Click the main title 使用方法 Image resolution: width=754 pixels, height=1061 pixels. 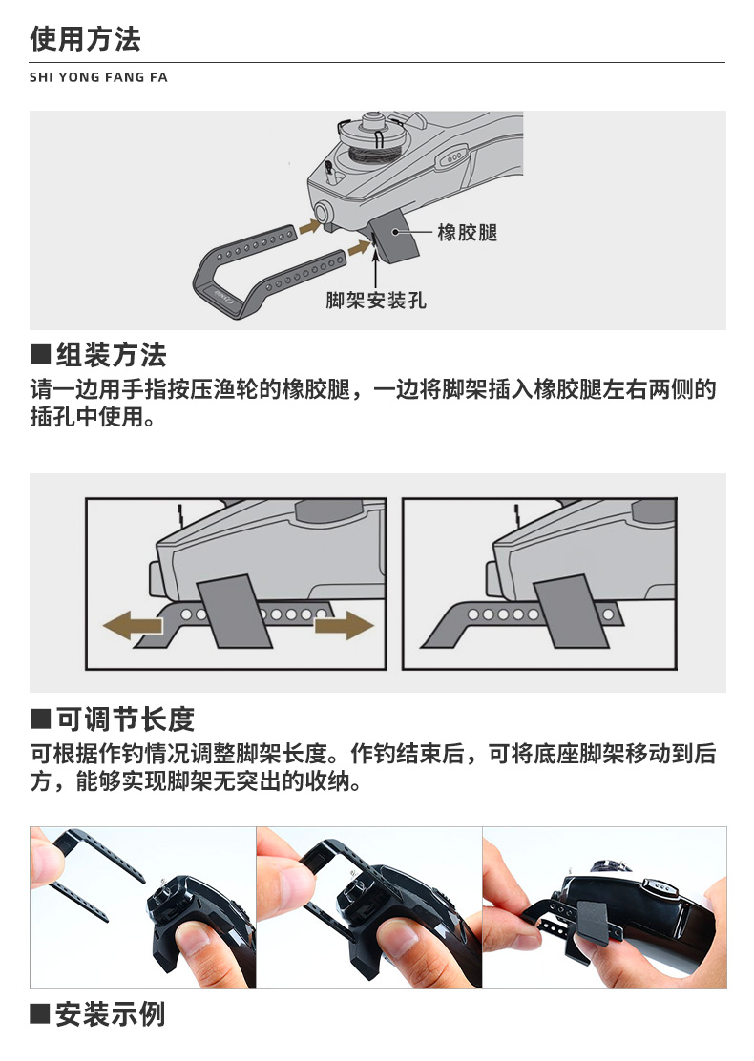85,38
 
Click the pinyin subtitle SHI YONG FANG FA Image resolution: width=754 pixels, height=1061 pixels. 98,77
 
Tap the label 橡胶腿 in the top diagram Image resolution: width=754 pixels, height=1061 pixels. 467,233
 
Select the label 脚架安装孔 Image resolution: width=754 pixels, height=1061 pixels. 376,300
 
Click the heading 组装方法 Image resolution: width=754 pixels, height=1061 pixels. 111,355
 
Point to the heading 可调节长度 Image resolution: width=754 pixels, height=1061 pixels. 125,718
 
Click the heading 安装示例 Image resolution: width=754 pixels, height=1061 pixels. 111,1013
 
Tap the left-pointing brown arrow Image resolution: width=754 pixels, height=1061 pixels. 133,625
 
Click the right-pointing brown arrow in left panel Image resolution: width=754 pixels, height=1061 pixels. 344,625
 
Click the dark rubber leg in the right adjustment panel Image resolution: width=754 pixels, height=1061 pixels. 572,613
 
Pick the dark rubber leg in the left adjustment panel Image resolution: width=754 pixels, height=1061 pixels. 234,612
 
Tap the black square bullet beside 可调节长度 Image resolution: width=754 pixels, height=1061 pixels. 41,718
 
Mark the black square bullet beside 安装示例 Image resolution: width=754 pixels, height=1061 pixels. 41,1013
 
